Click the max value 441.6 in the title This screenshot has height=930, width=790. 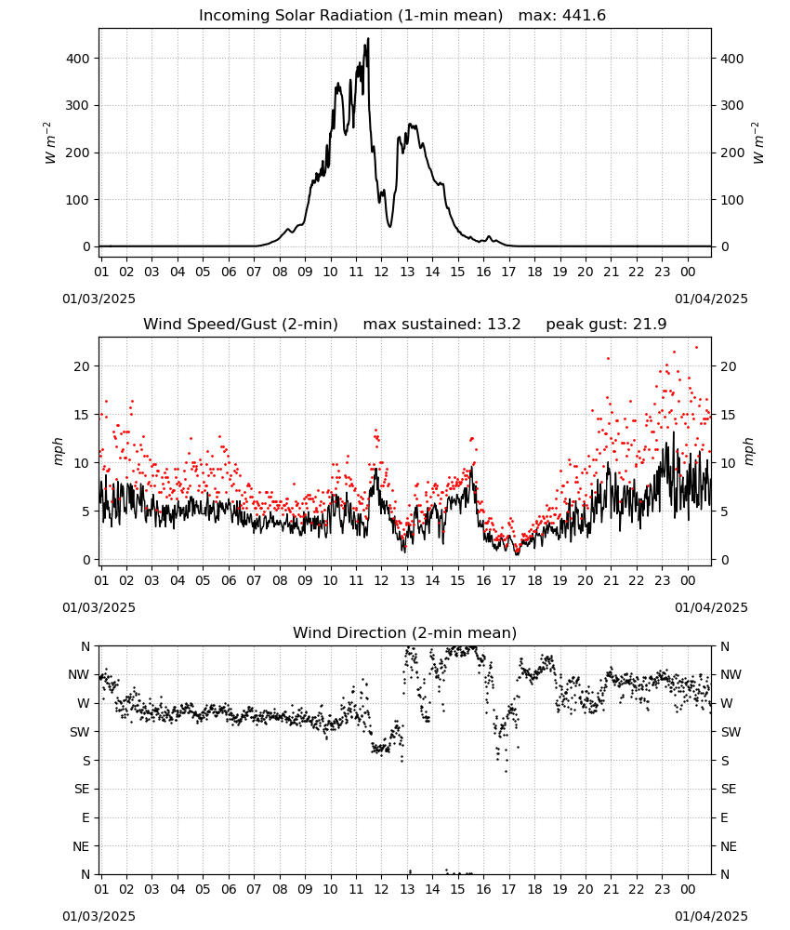585,15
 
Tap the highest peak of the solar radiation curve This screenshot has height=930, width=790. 368,38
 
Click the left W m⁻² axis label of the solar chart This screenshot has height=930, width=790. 50,142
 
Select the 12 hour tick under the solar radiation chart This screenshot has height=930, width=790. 381,272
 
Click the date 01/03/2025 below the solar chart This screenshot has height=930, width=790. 99,299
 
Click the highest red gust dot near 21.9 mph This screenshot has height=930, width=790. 696,348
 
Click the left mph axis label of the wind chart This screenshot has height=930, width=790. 58,451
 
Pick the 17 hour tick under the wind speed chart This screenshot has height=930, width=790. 508,580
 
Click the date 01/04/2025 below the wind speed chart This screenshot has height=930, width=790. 711,607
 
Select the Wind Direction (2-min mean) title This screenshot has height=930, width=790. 405,632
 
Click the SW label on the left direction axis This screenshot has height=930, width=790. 80,732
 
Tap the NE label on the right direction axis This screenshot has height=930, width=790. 729,846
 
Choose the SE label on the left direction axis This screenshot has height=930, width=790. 82,789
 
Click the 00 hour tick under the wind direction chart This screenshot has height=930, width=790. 688,889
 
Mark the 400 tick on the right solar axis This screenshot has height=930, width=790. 732,59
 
